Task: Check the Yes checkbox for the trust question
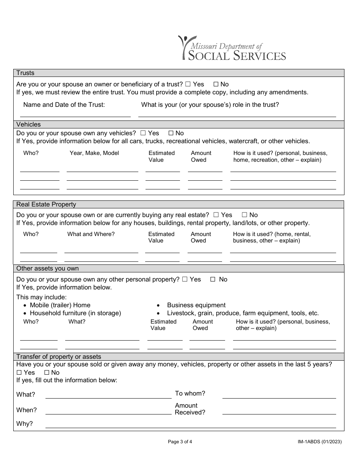(188, 84)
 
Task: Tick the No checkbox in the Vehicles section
(171, 133)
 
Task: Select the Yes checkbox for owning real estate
(216, 215)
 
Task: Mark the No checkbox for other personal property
(213, 280)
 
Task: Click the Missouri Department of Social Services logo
(232, 48)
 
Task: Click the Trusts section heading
(25, 73)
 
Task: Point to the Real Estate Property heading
(46, 205)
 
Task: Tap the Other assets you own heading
(47, 269)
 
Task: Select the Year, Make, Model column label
(94, 153)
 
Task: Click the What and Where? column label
(91, 234)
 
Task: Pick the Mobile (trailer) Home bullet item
(60, 305)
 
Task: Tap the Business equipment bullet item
(196, 305)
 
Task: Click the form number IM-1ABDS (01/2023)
(319, 441)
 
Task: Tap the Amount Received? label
(189, 409)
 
